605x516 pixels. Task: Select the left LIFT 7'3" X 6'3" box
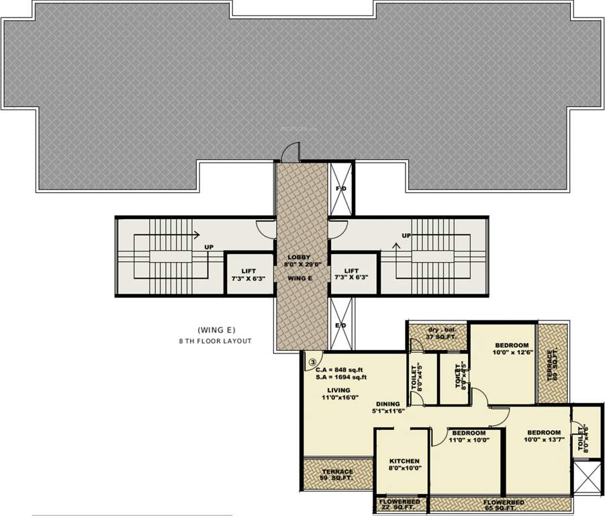click(x=248, y=273)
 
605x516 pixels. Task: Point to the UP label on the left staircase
click(x=209, y=247)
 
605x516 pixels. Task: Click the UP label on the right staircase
click(x=406, y=236)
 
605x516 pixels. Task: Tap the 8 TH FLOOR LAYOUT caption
click(x=215, y=341)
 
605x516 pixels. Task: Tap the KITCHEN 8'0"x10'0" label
click(x=404, y=465)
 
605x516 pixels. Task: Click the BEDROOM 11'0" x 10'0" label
click(x=469, y=437)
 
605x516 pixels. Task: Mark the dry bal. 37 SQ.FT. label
click(x=440, y=333)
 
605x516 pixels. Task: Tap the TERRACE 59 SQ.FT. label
click(x=337, y=475)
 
